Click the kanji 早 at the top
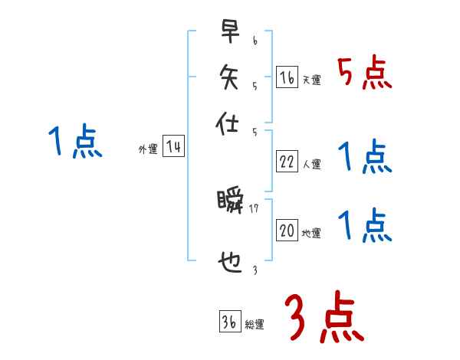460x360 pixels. pyautogui.click(x=228, y=31)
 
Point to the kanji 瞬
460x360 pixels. pyautogui.click(x=229, y=203)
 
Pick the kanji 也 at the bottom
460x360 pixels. pyautogui.click(x=228, y=263)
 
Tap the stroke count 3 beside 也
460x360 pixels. pyautogui.click(x=254, y=270)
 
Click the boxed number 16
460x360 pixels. pyautogui.click(x=287, y=77)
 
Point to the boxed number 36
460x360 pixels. pyautogui.click(x=228, y=322)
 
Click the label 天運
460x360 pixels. pyautogui.click(x=312, y=80)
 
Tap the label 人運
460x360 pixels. pyautogui.click(x=312, y=164)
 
